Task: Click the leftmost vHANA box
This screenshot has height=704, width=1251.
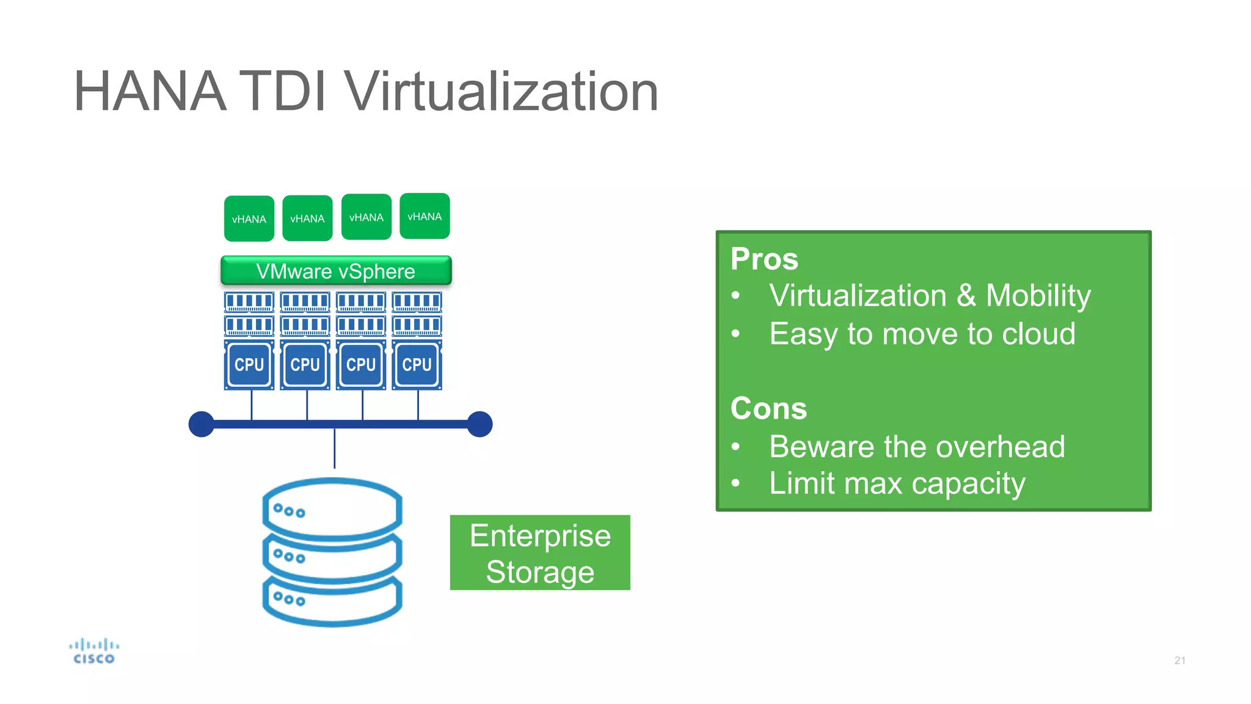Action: click(x=249, y=219)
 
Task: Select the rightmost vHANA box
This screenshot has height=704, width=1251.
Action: click(x=425, y=216)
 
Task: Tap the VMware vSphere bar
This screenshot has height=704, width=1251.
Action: click(x=336, y=271)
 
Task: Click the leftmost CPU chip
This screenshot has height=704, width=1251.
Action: click(x=249, y=365)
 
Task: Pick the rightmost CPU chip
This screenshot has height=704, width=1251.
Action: click(x=417, y=365)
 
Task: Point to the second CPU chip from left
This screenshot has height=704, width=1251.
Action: click(x=305, y=365)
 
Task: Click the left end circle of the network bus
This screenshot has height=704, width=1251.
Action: click(x=202, y=424)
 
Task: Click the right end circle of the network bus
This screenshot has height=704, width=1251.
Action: click(x=480, y=424)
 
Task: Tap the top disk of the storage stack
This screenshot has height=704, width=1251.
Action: click(x=333, y=507)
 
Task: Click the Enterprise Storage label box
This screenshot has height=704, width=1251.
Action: click(x=540, y=553)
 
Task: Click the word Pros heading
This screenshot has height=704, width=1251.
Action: click(x=764, y=258)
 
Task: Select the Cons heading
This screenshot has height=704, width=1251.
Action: click(x=768, y=408)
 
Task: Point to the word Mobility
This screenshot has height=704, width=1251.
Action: click(x=1038, y=296)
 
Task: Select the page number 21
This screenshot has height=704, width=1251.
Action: click(x=1180, y=661)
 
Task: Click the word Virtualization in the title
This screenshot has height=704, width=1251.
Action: click(x=501, y=92)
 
